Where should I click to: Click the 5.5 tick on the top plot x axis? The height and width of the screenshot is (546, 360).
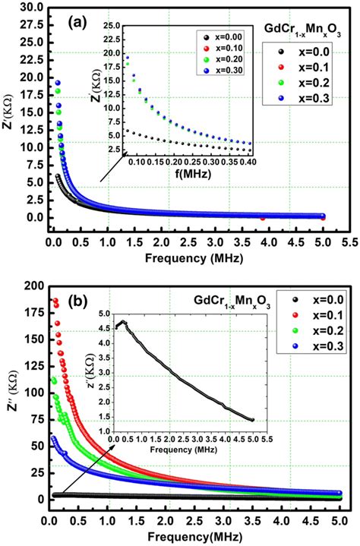click(348, 242)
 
